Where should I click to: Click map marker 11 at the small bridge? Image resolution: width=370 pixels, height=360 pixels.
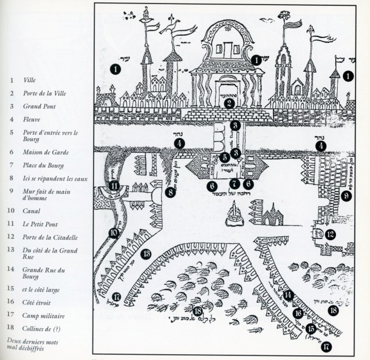point(115,186)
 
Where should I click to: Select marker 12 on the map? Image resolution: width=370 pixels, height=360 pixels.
point(331,235)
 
